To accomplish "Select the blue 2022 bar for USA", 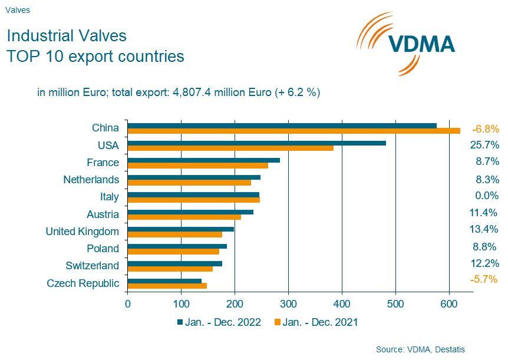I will click(x=256, y=143).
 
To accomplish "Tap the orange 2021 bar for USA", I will click(x=230, y=148).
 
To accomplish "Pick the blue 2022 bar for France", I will click(x=203, y=160).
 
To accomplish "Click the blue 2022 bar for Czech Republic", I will click(x=164, y=280).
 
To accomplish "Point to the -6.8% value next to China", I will click(x=485, y=128).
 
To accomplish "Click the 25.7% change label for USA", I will click(x=484, y=145).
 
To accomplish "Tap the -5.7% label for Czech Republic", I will click(x=484, y=279).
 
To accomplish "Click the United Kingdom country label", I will click(x=82, y=232).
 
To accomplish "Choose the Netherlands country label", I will click(x=91, y=180).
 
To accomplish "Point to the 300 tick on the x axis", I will click(x=288, y=304).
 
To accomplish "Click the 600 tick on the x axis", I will click(x=449, y=304).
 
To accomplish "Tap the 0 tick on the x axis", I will click(x=128, y=304).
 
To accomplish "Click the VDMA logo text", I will click(x=421, y=44).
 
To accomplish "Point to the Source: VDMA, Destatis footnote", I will click(x=420, y=349).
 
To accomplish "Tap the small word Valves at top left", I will click(x=18, y=10).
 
